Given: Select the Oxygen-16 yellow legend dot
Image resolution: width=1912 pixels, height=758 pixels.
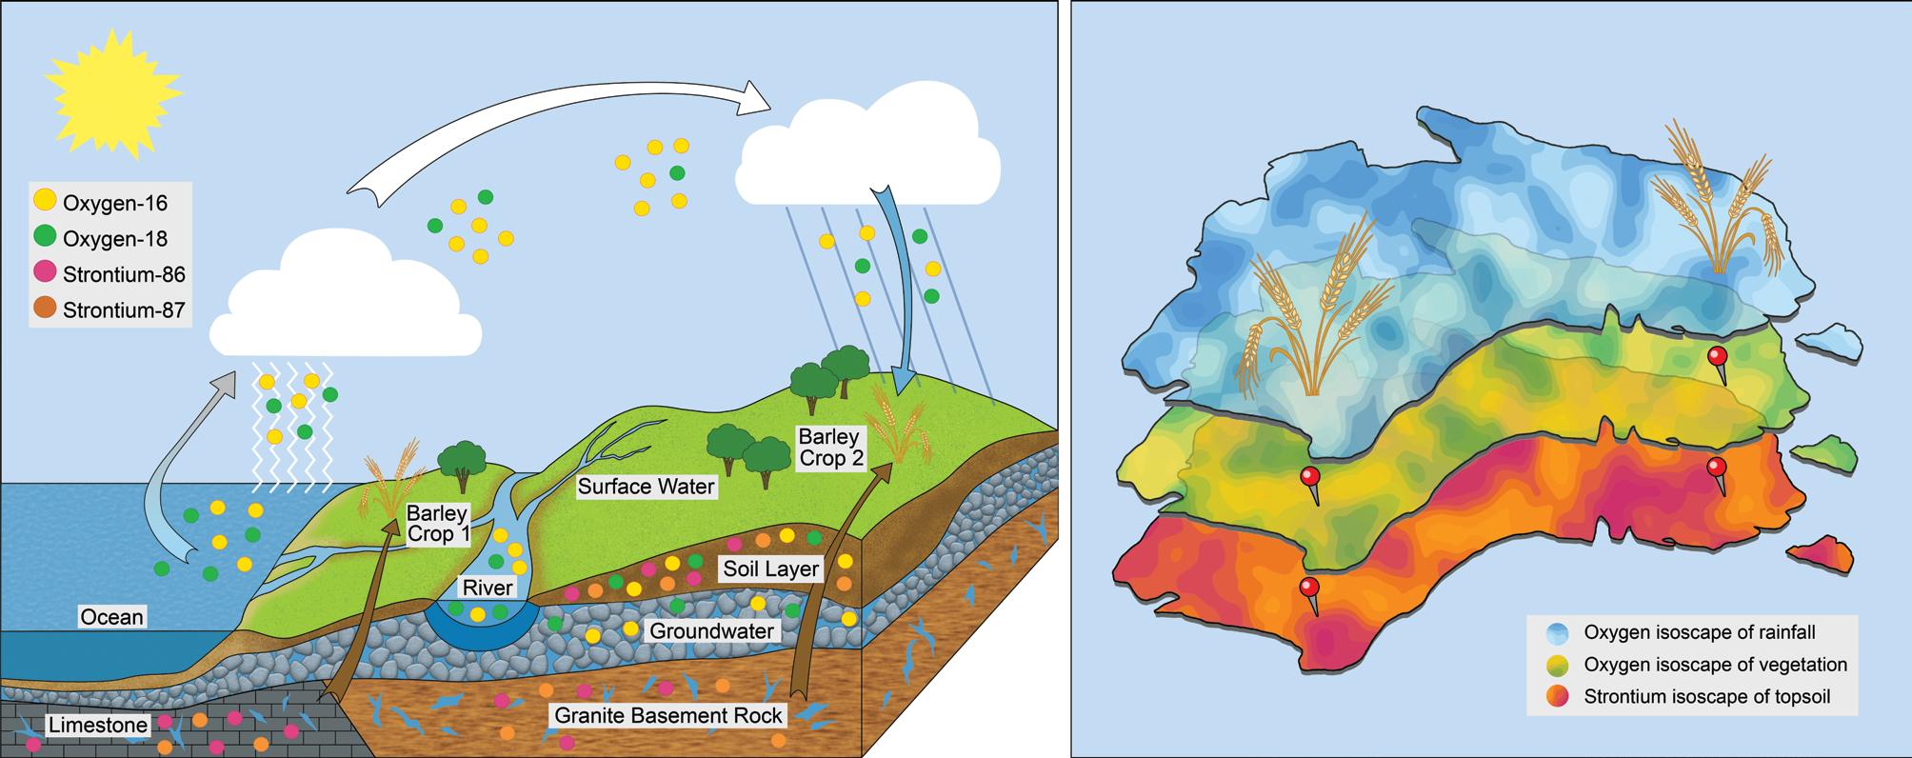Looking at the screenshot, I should [x=45, y=203].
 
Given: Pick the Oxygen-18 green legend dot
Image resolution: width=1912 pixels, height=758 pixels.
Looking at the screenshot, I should [x=45, y=238].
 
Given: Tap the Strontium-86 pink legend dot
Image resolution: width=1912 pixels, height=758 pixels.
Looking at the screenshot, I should [x=45, y=274].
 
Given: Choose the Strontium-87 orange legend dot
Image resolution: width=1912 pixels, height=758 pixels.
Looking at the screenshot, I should [x=45, y=309].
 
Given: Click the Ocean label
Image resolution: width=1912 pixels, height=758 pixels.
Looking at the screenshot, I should [x=111, y=617].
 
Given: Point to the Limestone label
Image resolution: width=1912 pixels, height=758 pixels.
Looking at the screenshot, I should [x=98, y=726].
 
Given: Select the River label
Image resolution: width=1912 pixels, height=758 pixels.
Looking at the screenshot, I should [x=488, y=588].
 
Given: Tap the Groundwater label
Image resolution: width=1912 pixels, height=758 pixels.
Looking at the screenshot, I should [x=710, y=630].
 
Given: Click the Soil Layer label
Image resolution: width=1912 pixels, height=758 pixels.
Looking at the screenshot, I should [x=770, y=569].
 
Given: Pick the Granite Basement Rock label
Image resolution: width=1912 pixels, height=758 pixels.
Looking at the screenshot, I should [x=668, y=714].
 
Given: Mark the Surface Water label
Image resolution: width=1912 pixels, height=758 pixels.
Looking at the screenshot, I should [x=646, y=487].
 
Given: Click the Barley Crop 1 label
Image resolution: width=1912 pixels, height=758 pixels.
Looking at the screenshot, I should [x=437, y=523].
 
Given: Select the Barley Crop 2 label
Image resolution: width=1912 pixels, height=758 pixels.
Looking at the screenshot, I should [x=830, y=448].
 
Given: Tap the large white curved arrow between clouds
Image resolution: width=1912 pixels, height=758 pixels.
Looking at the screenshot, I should [x=562, y=133].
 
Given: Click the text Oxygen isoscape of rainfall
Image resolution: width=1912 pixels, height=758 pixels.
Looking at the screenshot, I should [x=1700, y=632].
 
